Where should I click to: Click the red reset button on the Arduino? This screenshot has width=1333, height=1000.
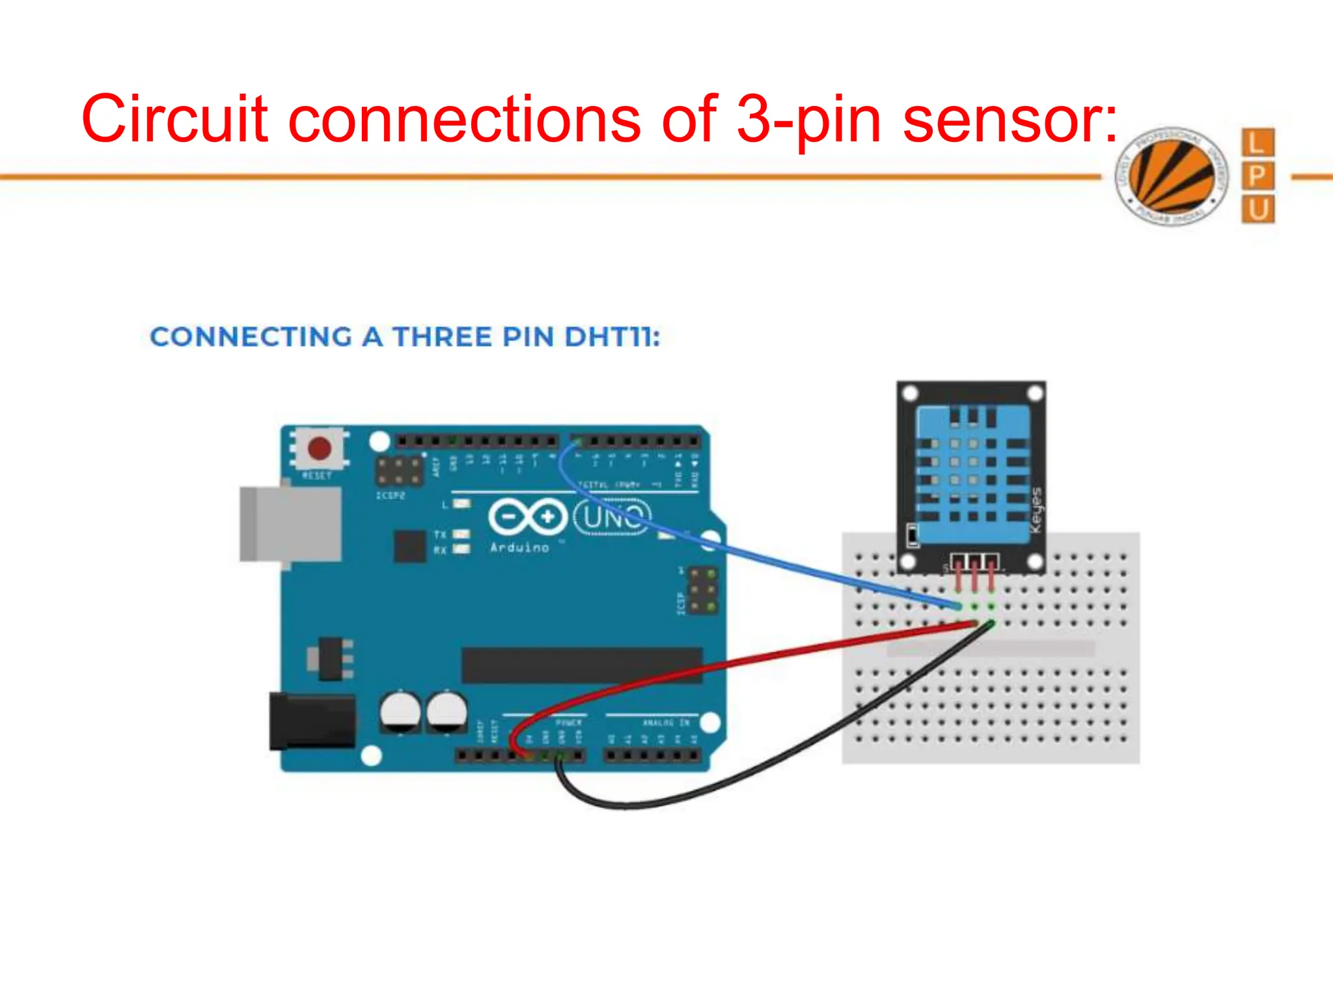tap(320, 448)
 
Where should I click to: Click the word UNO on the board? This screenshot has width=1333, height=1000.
tap(612, 518)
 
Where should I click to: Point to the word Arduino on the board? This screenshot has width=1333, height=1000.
tap(519, 548)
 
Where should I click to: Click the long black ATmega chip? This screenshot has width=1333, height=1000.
tap(582, 665)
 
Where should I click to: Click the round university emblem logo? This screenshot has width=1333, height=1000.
tap(1172, 176)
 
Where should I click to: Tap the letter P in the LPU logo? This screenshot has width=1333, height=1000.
tap(1257, 176)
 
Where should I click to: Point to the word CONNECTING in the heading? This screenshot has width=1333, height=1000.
tap(251, 337)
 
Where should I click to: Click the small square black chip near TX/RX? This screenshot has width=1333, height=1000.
tap(410, 546)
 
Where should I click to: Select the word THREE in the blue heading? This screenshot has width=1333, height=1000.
tap(443, 337)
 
